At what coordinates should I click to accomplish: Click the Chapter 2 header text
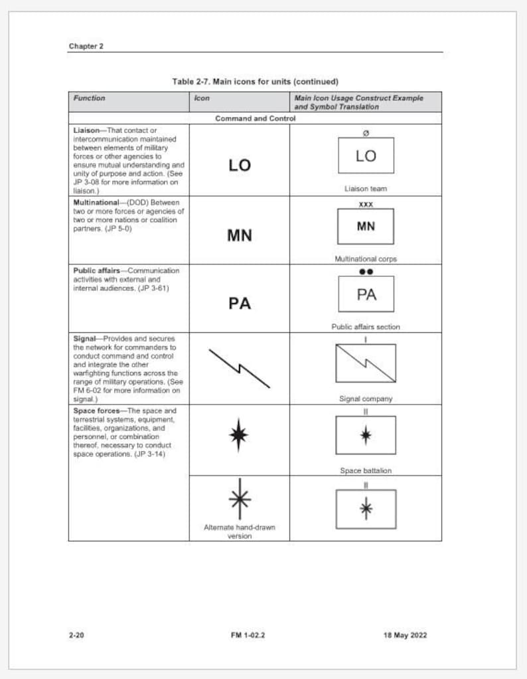pyautogui.click(x=86, y=46)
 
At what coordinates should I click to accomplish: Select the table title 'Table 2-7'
pyautogui.click(x=255, y=82)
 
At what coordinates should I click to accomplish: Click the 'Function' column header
pyautogui.click(x=89, y=98)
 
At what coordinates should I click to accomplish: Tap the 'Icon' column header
pyautogui.click(x=202, y=98)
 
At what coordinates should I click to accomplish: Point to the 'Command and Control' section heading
pyautogui.click(x=255, y=118)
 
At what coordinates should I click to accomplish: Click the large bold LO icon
pyautogui.click(x=240, y=165)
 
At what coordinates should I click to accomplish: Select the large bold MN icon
pyautogui.click(x=240, y=235)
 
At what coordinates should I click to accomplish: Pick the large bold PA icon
pyautogui.click(x=240, y=304)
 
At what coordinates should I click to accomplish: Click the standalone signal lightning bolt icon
pyautogui.click(x=239, y=368)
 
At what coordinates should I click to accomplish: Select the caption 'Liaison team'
pyautogui.click(x=366, y=189)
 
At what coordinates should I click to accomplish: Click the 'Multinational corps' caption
pyautogui.click(x=366, y=259)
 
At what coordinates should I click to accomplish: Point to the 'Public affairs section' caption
pyautogui.click(x=366, y=327)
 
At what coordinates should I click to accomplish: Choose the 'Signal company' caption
pyautogui.click(x=366, y=399)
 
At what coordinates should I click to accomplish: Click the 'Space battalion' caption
pyautogui.click(x=366, y=470)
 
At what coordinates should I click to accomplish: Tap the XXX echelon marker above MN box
pyautogui.click(x=366, y=204)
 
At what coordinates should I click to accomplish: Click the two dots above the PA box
pyautogui.click(x=366, y=272)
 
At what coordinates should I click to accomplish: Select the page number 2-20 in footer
pyautogui.click(x=76, y=635)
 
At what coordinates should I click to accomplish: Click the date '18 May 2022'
pyautogui.click(x=405, y=635)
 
